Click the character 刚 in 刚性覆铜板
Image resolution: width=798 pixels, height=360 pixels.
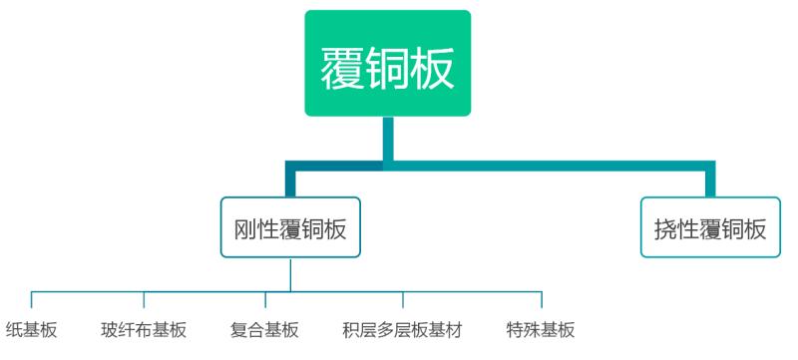point(245,228)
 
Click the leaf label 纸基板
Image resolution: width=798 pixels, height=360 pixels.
point(32,330)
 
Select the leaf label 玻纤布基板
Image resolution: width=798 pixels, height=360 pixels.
point(144,330)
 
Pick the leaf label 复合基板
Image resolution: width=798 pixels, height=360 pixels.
point(264,330)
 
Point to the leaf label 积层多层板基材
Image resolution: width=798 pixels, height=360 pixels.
point(403,330)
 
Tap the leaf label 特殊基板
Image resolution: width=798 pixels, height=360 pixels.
point(541,330)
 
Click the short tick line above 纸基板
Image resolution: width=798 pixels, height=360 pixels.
point(32,300)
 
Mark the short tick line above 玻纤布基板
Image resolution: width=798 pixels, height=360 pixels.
point(144,300)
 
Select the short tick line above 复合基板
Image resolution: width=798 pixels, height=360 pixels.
point(265,300)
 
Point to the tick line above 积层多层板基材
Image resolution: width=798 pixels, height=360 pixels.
point(403,300)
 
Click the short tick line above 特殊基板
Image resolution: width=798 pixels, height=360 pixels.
point(542,300)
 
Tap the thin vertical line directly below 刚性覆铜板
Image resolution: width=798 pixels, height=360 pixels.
point(290,274)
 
